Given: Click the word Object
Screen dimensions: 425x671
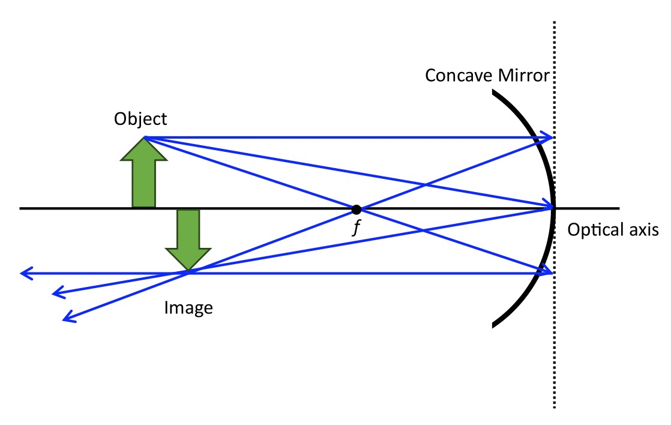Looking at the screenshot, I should pyautogui.click(x=141, y=118).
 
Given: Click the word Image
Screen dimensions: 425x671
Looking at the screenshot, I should pyautogui.click(x=188, y=308).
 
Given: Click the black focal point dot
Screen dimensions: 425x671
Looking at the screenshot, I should pyautogui.click(x=357, y=209).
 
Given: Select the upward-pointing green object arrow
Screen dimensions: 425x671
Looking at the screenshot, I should pyautogui.click(x=144, y=173).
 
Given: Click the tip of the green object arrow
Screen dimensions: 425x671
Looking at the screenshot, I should pyautogui.click(x=144, y=138).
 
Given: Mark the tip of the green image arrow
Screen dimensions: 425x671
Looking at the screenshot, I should pyautogui.click(x=188, y=272).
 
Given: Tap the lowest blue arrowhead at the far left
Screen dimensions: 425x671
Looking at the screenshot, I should pyautogui.click(x=67, y=318).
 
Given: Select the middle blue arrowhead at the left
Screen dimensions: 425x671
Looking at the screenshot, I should pyautogui.click(x=57, y=294).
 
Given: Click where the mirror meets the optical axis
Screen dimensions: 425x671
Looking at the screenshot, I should pyautogui.click(x=553, y=208).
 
